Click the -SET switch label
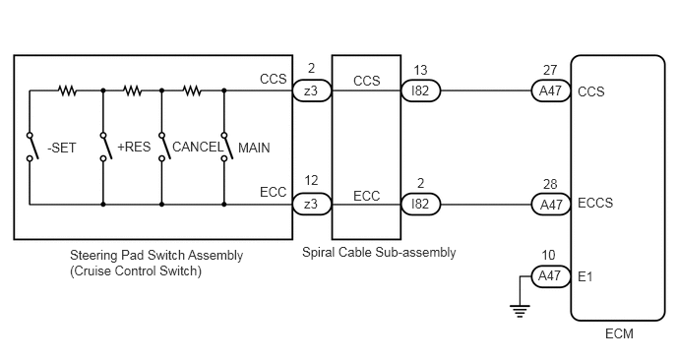pyautogui.click(x=61, y=149)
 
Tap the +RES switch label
pyautogui.click(x=134, y=147)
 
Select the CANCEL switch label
pyautogui.click(x=198, y=147)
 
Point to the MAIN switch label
pyautogui.click(x=254, y=149)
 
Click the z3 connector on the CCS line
pyautogui.click(x=312, y=90)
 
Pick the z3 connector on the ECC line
pyautogui.click(x=312, y=205)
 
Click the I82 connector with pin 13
pyautogui.click(x=420, y=90)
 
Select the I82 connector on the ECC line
pyautogui.click(x=420, y=205)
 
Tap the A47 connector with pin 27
pyautogui.click(x=551, y=90)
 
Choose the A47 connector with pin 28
pyautogui.click(x=551, y=205)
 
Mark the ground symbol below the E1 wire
pyautogui.click(x=520, y=311)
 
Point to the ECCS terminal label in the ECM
pyautogui.click(x=595, y=203)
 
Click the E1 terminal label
pyautogui.click(x=585, y=276)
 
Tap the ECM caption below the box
pyautogui.click(x=619, y=333)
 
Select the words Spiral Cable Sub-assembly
pyautogui.click(x=379, y=252)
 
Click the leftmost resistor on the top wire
pyautogui.click(x=67, y=90)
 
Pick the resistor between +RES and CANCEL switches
pyautogui.click(x=132, y=90)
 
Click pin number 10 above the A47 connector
pyautogui.click(x=548, y=255)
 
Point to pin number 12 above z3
pyautogui.click(x=311, y=180)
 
